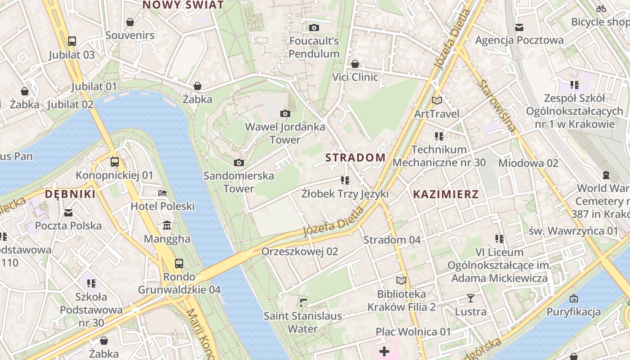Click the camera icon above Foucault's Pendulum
(314, 28)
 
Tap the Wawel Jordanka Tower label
(285, 133)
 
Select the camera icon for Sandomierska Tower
(239, 162)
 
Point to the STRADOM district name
(355, 157)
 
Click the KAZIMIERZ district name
(445, 194)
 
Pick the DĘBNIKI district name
(70, 194)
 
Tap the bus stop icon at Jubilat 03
(72, 41)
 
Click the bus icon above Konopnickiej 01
(115, 162)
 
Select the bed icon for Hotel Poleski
(162, 193)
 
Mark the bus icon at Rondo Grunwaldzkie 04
(179, 263)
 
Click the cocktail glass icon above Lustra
(471, 298)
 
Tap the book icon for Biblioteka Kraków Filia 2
(401, 281)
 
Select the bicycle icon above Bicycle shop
(601, 9)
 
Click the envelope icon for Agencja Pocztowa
(519, 27)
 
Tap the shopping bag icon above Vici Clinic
(355, 64)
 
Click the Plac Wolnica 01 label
(413, 332)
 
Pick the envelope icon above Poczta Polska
(68, 212)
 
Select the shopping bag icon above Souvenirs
(130, 22)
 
